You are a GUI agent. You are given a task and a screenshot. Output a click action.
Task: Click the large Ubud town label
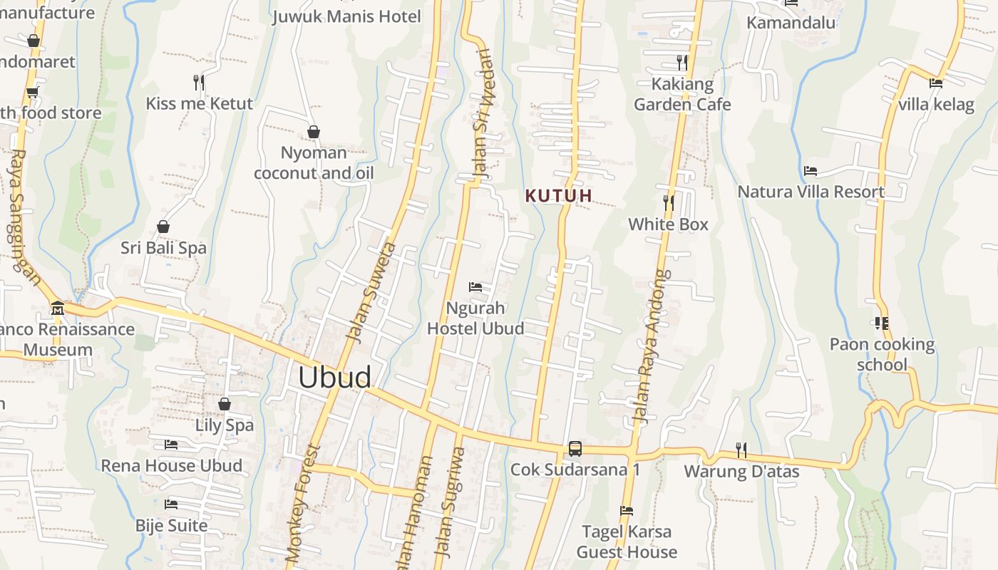tap(334, 378)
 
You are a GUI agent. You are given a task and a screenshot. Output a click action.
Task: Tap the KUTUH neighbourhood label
tap(559, 195)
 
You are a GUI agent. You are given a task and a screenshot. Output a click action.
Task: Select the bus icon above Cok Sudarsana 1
tap(575, 449)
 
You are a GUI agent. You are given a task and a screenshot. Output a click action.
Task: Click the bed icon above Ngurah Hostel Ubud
tap(475, 287)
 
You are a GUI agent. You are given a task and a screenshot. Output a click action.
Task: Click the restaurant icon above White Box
tap(668, 203)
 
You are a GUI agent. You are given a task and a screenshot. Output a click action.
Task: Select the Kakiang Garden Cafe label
tap(682, 94)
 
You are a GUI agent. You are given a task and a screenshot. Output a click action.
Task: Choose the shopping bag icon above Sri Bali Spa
tap(163, 227)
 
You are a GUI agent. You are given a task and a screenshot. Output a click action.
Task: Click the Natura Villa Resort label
tap(811, 192)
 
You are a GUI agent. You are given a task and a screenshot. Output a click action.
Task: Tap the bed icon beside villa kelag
tap(936, 83)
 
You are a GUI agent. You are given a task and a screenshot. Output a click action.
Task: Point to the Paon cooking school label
tap(882, 354)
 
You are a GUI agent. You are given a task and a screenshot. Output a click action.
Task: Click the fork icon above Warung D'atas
tap(741, 450)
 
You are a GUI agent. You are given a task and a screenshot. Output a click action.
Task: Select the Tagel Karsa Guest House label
tap(627, 541)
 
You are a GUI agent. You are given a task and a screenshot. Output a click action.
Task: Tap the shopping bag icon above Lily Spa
tap(225, 404)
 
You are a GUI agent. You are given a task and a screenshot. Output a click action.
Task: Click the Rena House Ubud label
tap(171, 465)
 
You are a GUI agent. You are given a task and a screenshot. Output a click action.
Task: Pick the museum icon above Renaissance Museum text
tap(58, 309)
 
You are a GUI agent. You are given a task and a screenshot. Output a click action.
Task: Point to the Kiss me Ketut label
tap(199, 103)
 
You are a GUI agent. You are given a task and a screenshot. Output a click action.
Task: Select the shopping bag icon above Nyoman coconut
tap(313, 132)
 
